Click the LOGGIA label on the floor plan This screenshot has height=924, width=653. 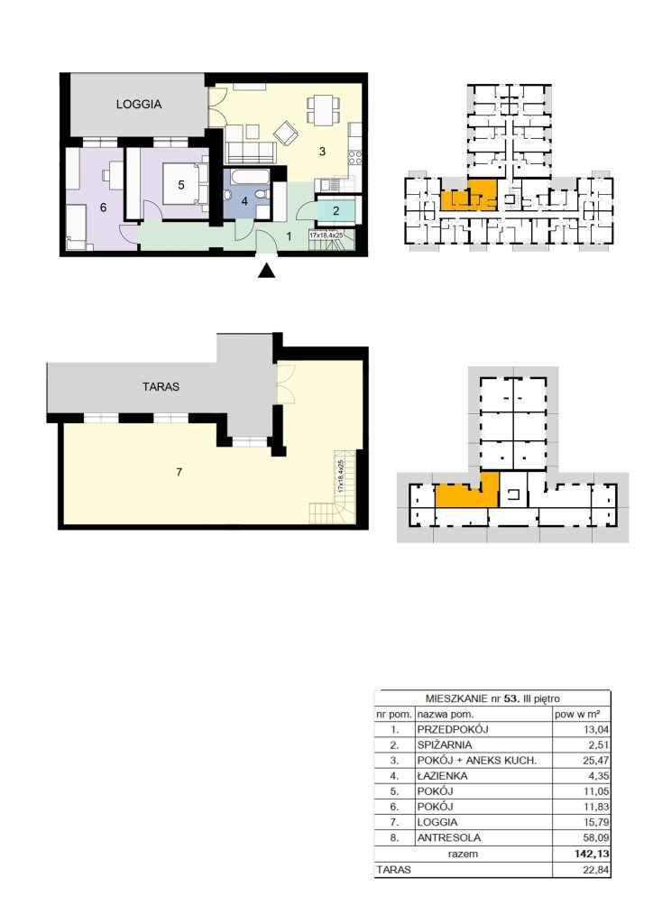[138, 105]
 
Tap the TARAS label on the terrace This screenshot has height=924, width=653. [161, 387]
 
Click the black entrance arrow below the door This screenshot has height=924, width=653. [267, 270]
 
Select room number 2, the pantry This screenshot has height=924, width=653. [336, 210]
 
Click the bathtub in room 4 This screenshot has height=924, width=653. [248, 178]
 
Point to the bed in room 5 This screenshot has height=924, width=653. [186, 184]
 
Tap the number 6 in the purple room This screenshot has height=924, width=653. [103, 208]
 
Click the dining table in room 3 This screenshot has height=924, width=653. [323, 110]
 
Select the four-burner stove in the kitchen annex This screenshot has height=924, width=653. [355, 157]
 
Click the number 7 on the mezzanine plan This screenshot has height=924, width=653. [179, 472]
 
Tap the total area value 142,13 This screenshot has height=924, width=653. [593, 854]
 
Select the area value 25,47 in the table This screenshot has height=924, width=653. [596, 760]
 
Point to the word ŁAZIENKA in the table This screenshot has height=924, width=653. [442, 775]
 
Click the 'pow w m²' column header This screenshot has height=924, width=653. [577, 715]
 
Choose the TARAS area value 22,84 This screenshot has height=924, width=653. [596, 869]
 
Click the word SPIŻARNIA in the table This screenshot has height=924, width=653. [445, 744]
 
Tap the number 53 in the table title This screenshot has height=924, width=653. [511, 699]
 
